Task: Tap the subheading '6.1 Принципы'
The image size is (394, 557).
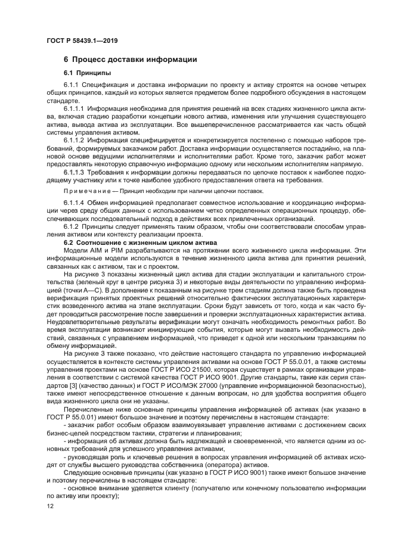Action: tap(84, 73)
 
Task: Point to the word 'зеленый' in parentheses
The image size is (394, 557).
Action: tap(85, 282)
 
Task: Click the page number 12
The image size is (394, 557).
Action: tap(49, 506)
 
